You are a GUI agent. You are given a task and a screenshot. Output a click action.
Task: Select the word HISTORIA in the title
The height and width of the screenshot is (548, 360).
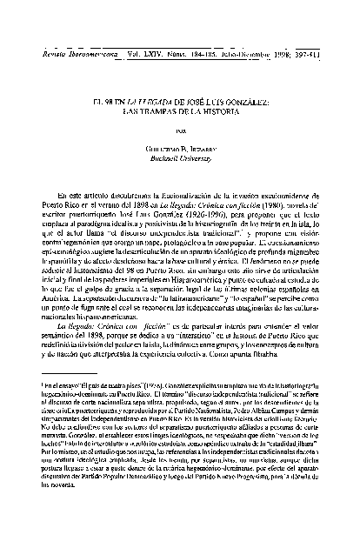click(236, 112)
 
